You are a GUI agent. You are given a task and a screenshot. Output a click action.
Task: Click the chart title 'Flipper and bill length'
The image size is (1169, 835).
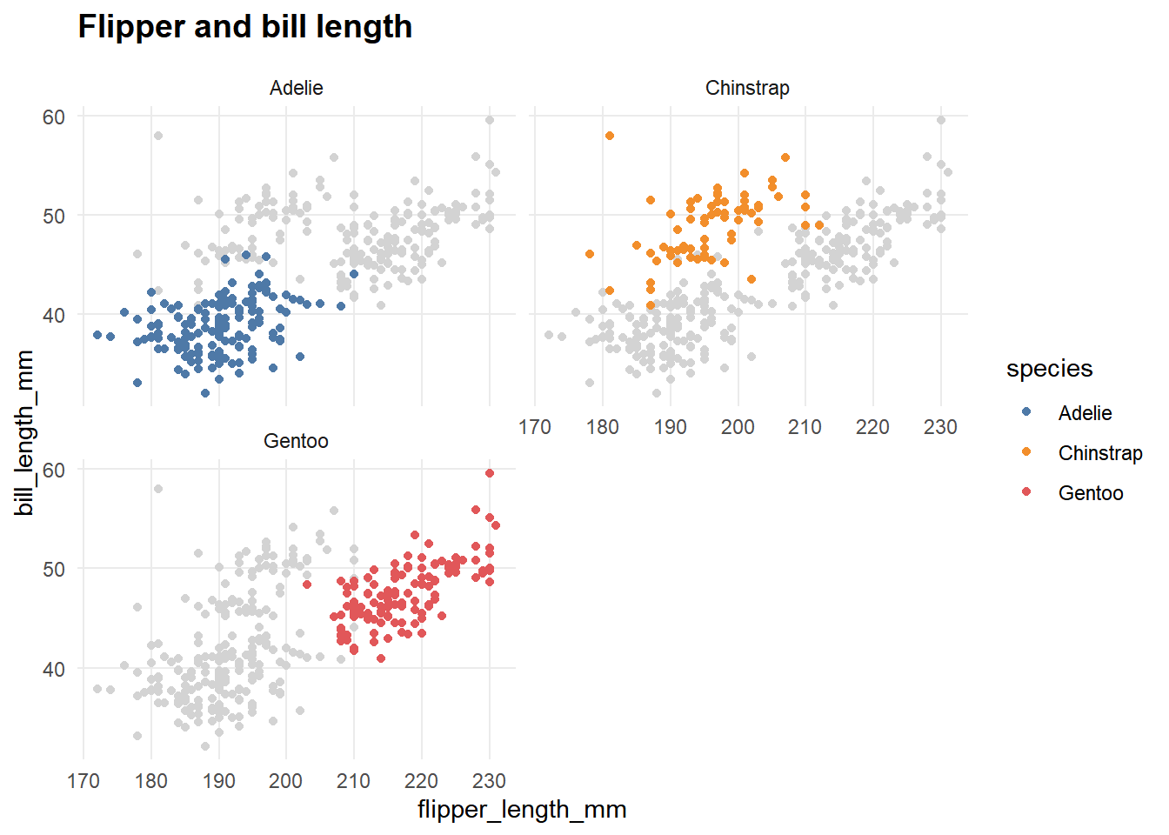tap(244, 27)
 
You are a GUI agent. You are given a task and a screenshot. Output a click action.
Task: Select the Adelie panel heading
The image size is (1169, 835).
tap(296, 88)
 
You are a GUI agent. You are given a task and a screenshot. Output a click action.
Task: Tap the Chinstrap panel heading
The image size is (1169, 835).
tap(747, 88)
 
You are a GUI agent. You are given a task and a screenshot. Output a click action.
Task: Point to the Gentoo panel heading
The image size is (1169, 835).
tap(296, 441)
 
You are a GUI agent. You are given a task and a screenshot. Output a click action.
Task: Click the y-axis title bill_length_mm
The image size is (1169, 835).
tap(24, 432)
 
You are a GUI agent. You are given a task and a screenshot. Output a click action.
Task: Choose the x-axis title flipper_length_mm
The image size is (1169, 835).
tap(522, 809)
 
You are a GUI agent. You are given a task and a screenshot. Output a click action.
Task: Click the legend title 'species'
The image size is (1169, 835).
tap(1049, 368)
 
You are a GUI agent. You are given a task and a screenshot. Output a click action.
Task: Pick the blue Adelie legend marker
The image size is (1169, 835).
tap(1026, 412)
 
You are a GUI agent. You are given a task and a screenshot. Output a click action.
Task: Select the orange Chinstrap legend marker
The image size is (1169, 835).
tap(1026, 452)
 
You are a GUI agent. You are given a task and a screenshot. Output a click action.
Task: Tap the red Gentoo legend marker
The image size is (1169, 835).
tap(1026, 492)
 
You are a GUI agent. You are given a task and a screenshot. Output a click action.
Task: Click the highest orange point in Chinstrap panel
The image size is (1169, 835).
tap(610, 136)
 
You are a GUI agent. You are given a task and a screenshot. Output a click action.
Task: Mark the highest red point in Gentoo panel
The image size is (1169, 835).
tap(490, 473)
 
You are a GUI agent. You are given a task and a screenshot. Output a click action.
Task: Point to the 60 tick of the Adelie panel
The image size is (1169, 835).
tap(54, 117)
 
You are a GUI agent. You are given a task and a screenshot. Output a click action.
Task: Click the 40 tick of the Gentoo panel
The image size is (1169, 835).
tap(54, 669)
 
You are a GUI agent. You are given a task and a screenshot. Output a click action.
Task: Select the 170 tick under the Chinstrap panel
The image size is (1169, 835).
tap(535, 427)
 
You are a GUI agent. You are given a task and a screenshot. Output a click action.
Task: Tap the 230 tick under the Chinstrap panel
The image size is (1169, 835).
tap(940, 427)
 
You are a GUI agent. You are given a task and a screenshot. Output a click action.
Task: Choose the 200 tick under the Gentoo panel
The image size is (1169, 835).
tap(286, 780)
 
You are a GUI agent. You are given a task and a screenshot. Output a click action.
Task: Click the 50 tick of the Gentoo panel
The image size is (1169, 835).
tap(54, 569)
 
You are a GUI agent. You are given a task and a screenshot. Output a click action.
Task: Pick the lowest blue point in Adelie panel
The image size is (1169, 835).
tap(205, 393)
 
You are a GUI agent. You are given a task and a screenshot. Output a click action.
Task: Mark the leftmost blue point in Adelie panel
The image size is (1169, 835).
tap(97, 335)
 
